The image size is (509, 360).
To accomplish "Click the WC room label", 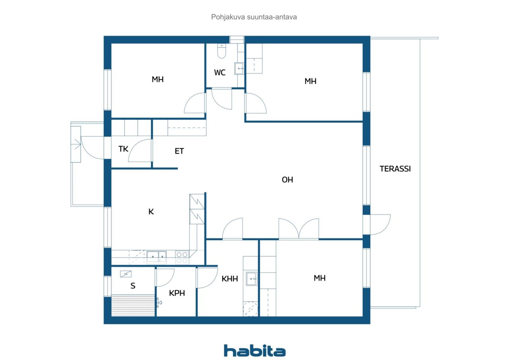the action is pos(220,73).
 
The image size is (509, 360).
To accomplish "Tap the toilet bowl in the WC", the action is pos(221,51).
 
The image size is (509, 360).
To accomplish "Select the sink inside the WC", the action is pos(239,69).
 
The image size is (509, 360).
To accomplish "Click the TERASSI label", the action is pos(395,168).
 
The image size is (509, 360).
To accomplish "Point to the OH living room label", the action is pos(287,180).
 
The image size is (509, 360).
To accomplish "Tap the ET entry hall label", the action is pos(179,151).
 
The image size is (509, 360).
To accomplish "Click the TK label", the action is pos(123,149).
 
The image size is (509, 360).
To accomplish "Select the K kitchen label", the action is pos(151,211).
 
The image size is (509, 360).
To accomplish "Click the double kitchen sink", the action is pos(156,257).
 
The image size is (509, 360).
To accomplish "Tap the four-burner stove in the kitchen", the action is pos(182,257).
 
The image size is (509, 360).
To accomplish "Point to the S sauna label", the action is pos(133,286).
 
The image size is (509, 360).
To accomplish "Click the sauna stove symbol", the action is pos(126,274).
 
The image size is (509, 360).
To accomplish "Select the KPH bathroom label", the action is pos(177,293).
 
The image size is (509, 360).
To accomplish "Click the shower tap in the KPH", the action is pos(159,302).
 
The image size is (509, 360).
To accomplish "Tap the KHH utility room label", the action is pos(230,279).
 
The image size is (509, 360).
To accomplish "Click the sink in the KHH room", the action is pos(252,279).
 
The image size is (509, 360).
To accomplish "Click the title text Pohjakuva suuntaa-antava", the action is pos(254,17).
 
